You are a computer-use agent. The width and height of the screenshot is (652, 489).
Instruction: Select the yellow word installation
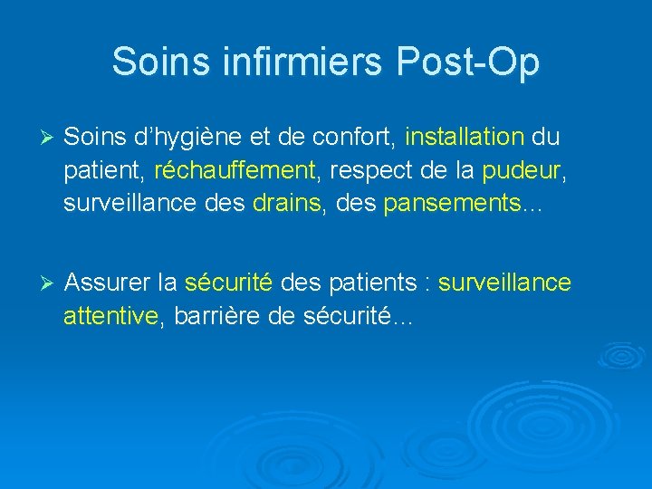(465, 138)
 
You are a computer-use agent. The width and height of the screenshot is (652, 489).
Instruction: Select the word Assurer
(108, 283)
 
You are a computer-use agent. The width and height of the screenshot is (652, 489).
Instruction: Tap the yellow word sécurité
(228, 283)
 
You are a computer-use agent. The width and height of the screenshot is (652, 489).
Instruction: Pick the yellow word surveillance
(505, 283)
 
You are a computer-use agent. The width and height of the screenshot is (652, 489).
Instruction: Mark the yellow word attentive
(110, 317)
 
